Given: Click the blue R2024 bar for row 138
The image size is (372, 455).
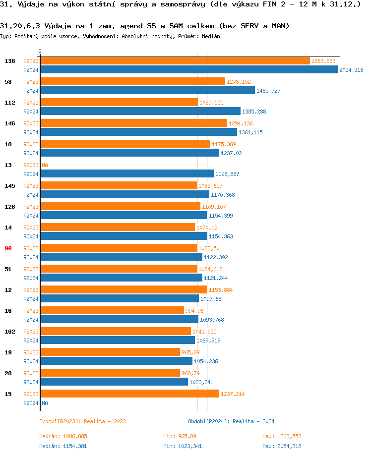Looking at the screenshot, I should (188, 70).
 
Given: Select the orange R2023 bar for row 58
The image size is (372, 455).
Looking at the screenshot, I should (132, 82).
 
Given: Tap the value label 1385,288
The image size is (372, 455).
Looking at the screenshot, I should (254, 112).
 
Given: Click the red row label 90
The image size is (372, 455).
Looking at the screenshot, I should (8, 248).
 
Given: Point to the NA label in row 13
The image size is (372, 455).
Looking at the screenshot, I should (45, 165).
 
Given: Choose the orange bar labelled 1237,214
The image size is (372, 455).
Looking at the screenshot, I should (129, 394).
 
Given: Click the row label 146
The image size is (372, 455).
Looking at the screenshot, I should (9, 123).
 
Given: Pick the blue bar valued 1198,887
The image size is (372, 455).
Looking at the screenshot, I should (126, 174).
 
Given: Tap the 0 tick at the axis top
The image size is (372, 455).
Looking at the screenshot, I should (40, 52).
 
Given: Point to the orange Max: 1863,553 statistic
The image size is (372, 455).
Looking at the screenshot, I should (282, 436).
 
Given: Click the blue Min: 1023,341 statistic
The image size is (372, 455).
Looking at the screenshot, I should (183, 446).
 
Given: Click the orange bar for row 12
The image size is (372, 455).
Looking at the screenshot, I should (124, 290).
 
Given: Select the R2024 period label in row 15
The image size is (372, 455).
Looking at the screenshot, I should (31, 403).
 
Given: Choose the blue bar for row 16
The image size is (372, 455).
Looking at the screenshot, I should (119, 320).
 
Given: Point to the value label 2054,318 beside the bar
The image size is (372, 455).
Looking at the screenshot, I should (351, 70).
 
